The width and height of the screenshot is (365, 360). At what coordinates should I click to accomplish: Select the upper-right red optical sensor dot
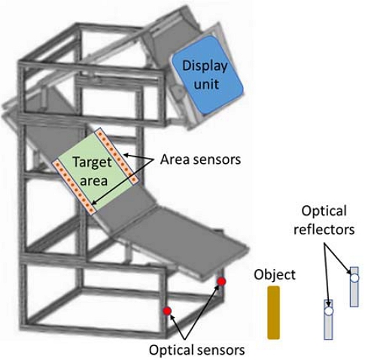tap(221, 282)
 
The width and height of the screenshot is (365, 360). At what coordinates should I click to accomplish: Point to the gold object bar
tap(273, 313)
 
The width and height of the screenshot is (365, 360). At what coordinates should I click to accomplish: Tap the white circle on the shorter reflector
tap(328, 307)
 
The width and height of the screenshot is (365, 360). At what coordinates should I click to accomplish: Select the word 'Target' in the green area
tap(91, 162)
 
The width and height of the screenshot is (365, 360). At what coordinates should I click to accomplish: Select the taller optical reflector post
tap(354, 289)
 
